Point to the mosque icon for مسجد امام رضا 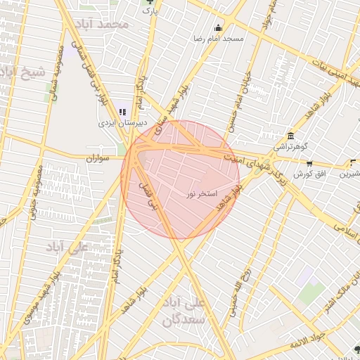tap(218, 28)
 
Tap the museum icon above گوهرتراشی tap(290, 136)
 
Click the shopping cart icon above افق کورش tap(309, 163)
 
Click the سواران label tap(99, 159)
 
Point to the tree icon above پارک tap(148, 2)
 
